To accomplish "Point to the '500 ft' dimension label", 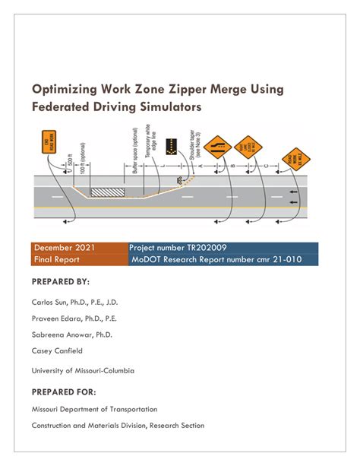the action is pos(71,162).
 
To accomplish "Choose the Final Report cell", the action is pos(58,259).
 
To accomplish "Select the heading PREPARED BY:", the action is pos(60,281).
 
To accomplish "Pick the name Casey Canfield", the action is pos(57,351).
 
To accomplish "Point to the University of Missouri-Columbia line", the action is pos(83,370).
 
